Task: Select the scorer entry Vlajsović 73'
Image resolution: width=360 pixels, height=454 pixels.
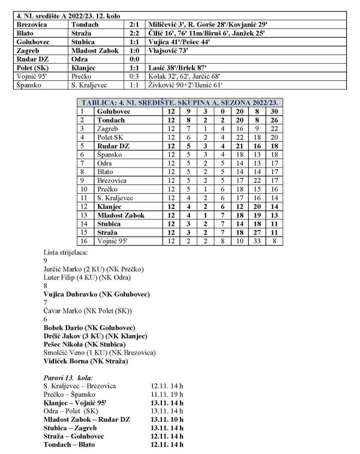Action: [167, 47]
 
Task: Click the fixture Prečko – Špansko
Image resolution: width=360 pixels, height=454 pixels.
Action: [69, 394]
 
